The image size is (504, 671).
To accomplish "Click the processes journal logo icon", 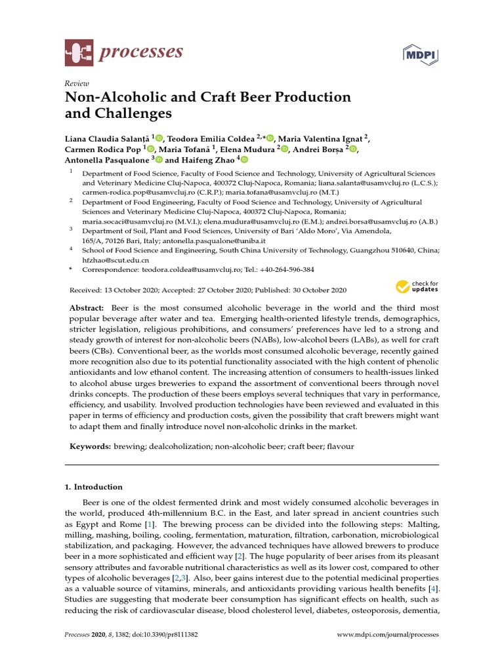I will coord(79,52).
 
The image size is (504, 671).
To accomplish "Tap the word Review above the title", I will coord(77,83).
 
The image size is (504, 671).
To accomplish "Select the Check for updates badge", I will coord(417,286).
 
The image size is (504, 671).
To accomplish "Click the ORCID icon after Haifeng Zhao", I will coord(245,159).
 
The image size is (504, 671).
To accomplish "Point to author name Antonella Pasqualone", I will coord(107,159).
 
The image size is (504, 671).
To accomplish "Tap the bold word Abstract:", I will coord(87,308).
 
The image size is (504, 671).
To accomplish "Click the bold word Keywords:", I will coord(89,446).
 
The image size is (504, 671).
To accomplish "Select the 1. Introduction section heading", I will coord(93,487).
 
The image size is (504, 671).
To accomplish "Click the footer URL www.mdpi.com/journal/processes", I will coord(387,635).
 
